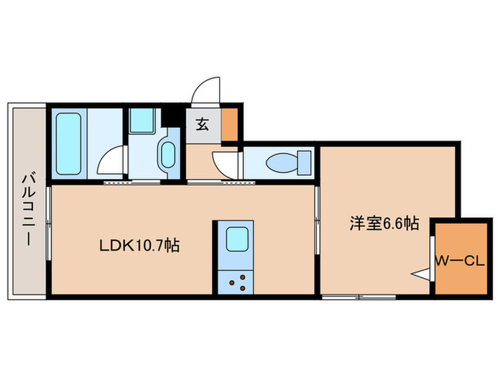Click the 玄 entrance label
[x=202, y=124]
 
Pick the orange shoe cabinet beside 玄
[x=231, y=124]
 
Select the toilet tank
[x=305, y=162]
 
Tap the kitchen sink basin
[x=237, y=238]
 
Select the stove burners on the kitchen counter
[x=238, y=281]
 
